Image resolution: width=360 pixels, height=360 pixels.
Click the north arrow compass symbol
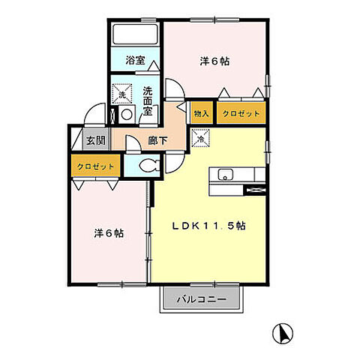(283, 333)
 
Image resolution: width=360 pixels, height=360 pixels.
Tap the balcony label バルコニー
(202, 299)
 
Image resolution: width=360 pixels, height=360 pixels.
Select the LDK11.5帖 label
(208, 226)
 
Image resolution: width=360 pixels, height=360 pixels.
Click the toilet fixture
(149, 166)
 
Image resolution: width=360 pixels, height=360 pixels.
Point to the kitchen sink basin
(225, 175)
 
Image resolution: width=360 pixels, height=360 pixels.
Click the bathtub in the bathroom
(135, 34)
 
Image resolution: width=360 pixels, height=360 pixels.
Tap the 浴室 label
(135, 60)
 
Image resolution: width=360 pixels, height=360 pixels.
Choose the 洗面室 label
(148, 101)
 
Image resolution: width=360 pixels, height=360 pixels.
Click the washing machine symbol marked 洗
(122, 94)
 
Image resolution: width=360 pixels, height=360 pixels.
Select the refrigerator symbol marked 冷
(200, 138)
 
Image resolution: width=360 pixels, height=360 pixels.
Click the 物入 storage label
(202, 114)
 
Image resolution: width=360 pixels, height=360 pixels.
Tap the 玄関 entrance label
(96, 141)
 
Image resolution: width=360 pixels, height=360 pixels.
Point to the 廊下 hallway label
(157, 141)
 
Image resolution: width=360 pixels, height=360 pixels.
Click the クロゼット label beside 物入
(241, 114)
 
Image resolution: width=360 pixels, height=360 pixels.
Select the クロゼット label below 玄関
(96, 166)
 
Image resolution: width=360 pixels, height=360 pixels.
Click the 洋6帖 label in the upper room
(214, 61)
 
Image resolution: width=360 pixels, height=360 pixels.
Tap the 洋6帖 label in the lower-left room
(109, 233)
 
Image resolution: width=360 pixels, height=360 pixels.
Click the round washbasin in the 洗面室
(127, 115)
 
